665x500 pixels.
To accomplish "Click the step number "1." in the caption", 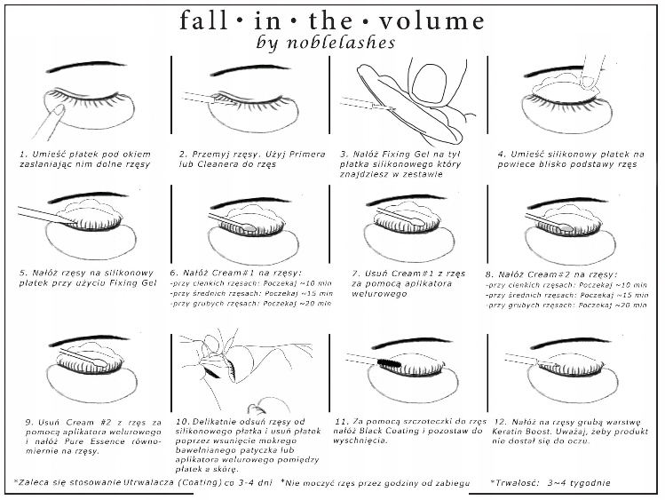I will tap(25, 153).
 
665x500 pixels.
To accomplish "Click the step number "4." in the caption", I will tap(502, 153).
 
